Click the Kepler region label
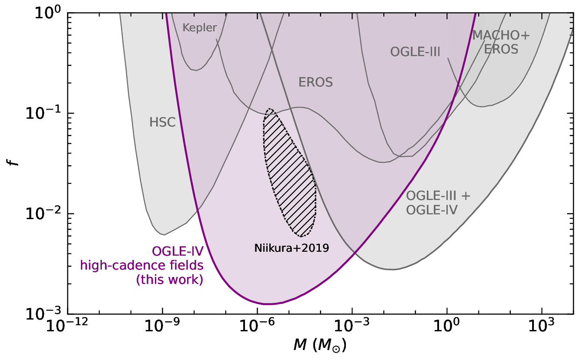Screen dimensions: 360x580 tap(200, 28)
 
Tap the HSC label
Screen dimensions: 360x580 tap(162, 123)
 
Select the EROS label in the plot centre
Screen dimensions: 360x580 tap(315, 82)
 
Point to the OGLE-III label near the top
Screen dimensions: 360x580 tap(416, 53)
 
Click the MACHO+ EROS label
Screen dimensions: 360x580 tap(501, 42)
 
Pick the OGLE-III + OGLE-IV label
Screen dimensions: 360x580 tap(438, 203)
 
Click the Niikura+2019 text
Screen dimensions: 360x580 tap(291, 248)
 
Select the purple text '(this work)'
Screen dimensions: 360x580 tap(170, 280)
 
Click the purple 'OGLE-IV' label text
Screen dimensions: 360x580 tap(177, 251)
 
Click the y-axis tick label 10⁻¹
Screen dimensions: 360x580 tap(47, 113)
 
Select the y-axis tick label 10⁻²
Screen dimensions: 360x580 tap(47, 213)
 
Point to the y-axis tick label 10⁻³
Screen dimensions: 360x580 tap(47, 313)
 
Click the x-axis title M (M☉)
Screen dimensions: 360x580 tap(320, 346)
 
